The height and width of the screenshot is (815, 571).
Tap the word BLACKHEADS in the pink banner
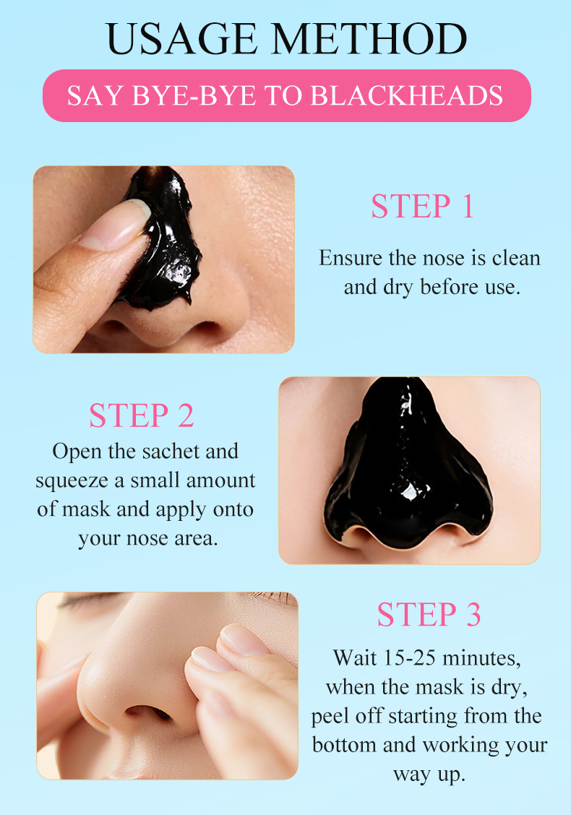point(407,95)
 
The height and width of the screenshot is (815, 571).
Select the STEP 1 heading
point(422,206)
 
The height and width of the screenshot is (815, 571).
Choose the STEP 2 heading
point(142,415)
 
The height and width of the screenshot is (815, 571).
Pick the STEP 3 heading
point(429,614)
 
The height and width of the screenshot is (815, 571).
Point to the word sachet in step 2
point(171,451)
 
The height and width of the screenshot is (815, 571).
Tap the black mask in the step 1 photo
point(161,238)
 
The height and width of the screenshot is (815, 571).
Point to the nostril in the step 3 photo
point(147,712)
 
